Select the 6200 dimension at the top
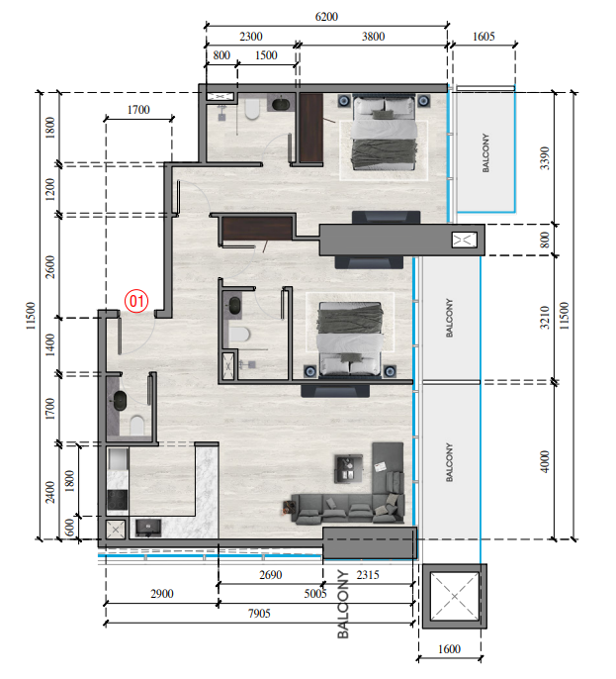tap(326, 17)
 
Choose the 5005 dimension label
tap(315, 594)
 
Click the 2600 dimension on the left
tap(51, 267)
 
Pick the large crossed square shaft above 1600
tap(451, 597)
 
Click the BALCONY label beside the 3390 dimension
tap(485, 153)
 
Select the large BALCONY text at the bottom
tap(344, 604)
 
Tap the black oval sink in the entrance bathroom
tap(121, 401)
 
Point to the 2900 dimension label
tap(159, 594)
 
